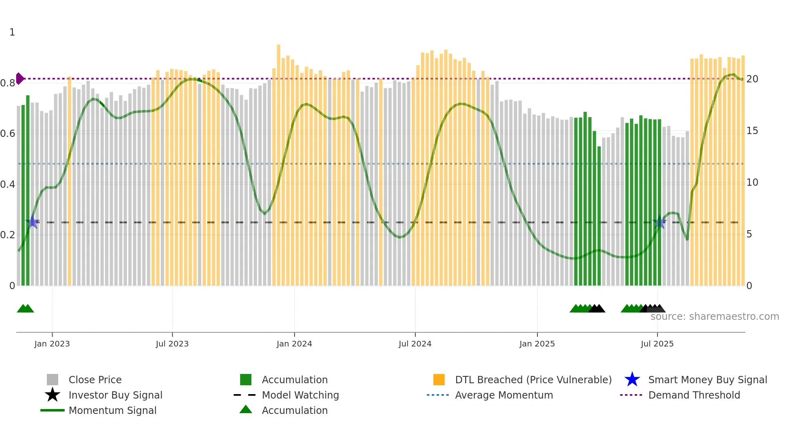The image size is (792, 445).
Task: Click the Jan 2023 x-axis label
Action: click(52, 344)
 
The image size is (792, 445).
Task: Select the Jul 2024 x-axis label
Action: click(415, 344)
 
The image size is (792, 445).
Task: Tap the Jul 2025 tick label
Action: click(657, 344)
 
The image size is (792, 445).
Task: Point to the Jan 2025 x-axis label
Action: click(537, 344)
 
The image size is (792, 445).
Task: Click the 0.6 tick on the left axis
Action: click(8, 134)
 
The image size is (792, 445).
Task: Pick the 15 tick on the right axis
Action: click(752, 131)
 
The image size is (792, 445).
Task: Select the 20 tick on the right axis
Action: click(752, 79)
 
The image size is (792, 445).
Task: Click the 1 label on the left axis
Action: click(12, 32)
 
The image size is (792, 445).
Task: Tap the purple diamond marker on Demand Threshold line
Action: click(19, 78)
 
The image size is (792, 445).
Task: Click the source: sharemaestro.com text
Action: click(714, 317)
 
